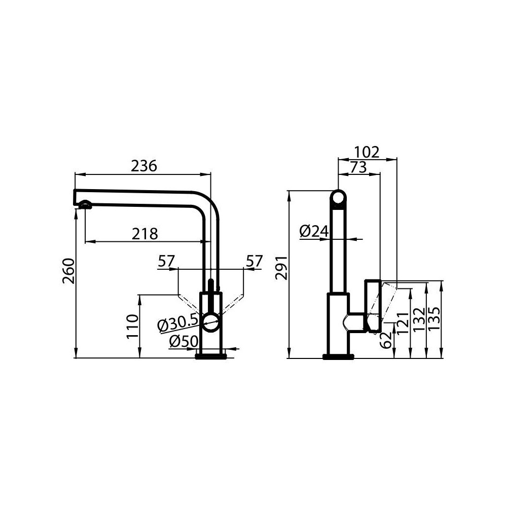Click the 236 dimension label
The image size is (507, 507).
(144, 166)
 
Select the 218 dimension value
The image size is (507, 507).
(145, 234)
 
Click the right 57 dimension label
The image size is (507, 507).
(254, 262)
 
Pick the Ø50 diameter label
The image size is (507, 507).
(183, 342)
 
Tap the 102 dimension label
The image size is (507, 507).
(367, 152)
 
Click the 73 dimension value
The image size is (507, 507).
(358, 167)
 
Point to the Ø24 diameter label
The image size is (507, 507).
(314, 232)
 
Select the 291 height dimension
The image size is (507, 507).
(281, 268)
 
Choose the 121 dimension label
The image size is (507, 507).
(403, 323)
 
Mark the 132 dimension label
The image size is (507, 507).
(419, 320)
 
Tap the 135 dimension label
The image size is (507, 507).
(434, 319)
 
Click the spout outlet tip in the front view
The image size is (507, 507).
(85, 205)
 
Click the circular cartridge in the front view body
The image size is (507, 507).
(210, 321)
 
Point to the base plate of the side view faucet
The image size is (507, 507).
(338, 357)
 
